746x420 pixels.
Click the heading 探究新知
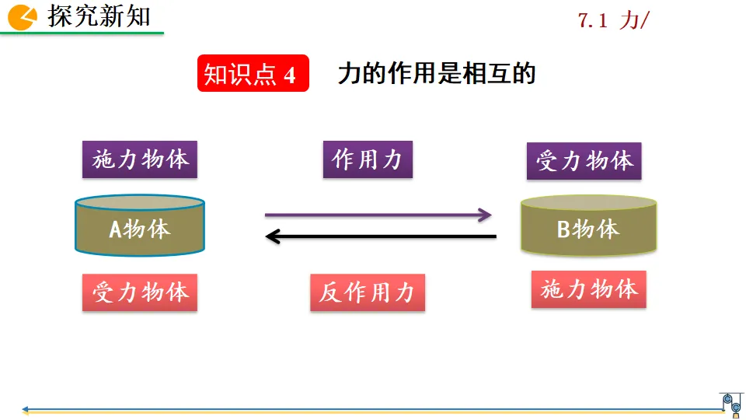pyautogui.click(x=99, y=16)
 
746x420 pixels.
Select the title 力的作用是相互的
pyautogui.click(x=437, y=74)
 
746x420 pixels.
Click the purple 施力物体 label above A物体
pyautogui.click(x=140, y=159)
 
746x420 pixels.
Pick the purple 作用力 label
pyautogui.click(x=368, y=159)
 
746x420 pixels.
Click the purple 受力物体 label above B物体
pyautogui.click(x=584, y=161)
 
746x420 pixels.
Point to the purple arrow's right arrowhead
pyautogui.click(x=486, y=215)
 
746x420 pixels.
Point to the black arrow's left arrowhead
pyautogui.click(x=272, y=236)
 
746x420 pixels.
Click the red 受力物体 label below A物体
pyautogui.click(x=140, y=292)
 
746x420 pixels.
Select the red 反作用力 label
pyautogui.click(x=368, y=292)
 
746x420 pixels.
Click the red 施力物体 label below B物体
pyautogui.click(x=589, y=289)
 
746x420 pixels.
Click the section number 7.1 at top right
pyautogui.click(x=592, y=21)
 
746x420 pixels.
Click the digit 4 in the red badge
pyautogui.click(x=290, y=75)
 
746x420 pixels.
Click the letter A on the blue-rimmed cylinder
pyautogui.click(x=115, y=229)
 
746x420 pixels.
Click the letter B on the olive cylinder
pyautogui.click(x=564, y=229)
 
